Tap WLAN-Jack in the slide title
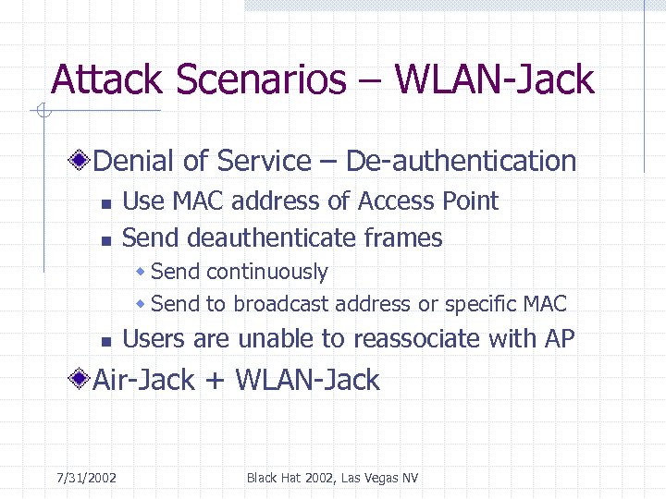point(494,80)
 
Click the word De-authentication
point(461,162)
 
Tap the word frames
point(403,238)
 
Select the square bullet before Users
point(106,342)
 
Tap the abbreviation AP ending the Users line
point(560,340)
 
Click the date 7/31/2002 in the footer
point(86,478)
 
